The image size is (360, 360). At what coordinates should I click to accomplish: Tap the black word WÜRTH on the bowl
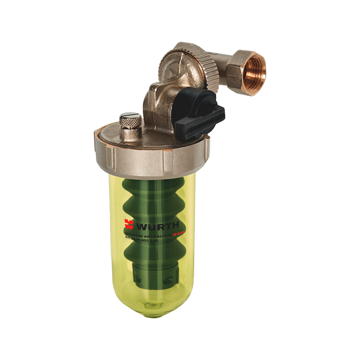coord(158,224)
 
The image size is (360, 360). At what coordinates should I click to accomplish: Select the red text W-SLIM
coord(180,233)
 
